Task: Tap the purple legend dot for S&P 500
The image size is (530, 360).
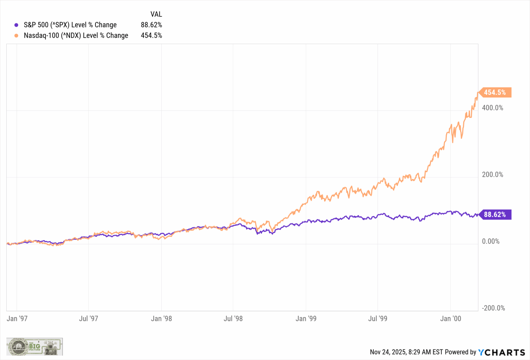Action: [17, 25]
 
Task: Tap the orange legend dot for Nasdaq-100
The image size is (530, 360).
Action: [17, 36]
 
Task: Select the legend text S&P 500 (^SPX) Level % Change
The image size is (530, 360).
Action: [70, 25]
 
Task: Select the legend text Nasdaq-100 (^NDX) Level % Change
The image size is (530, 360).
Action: [76, 36]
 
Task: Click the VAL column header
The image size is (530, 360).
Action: [156, 14]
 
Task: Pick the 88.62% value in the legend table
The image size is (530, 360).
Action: [151, 25]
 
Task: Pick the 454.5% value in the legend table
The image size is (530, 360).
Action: [151, 36]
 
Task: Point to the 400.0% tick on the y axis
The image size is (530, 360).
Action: [492, 108]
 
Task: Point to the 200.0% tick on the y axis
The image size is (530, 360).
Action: [492, 175]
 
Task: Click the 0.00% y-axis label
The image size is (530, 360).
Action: [491, 241]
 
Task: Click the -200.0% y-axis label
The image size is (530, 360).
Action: [493, 308]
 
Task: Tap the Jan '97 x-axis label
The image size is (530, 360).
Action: [17, 319]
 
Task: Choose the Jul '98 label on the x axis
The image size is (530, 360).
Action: [233, 319]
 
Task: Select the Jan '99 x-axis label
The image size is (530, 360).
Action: [306, 319]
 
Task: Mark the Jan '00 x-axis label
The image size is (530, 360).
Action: [450, 319]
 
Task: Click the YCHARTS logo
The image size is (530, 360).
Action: [501, 352]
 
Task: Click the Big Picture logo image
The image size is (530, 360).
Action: [35, 347]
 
